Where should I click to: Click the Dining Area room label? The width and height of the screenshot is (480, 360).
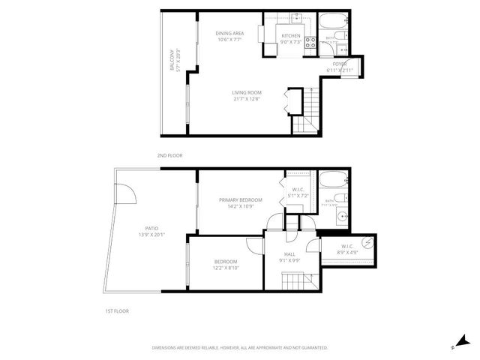[229, 33]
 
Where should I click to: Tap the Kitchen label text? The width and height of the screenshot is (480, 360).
[291, 35]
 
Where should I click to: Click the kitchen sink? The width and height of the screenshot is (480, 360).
[296, 16]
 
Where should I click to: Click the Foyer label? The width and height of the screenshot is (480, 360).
[340, 64]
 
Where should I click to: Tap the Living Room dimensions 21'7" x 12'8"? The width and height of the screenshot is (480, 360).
[246, 97]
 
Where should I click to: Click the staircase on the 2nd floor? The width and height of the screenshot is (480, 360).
[304, 112]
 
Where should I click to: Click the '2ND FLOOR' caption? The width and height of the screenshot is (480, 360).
[169, 155]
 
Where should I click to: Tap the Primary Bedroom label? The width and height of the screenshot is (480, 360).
[241, 199]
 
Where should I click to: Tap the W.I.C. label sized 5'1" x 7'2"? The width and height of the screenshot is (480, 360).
[298, 193]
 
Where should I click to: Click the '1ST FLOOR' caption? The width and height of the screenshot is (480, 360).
[116, 310]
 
